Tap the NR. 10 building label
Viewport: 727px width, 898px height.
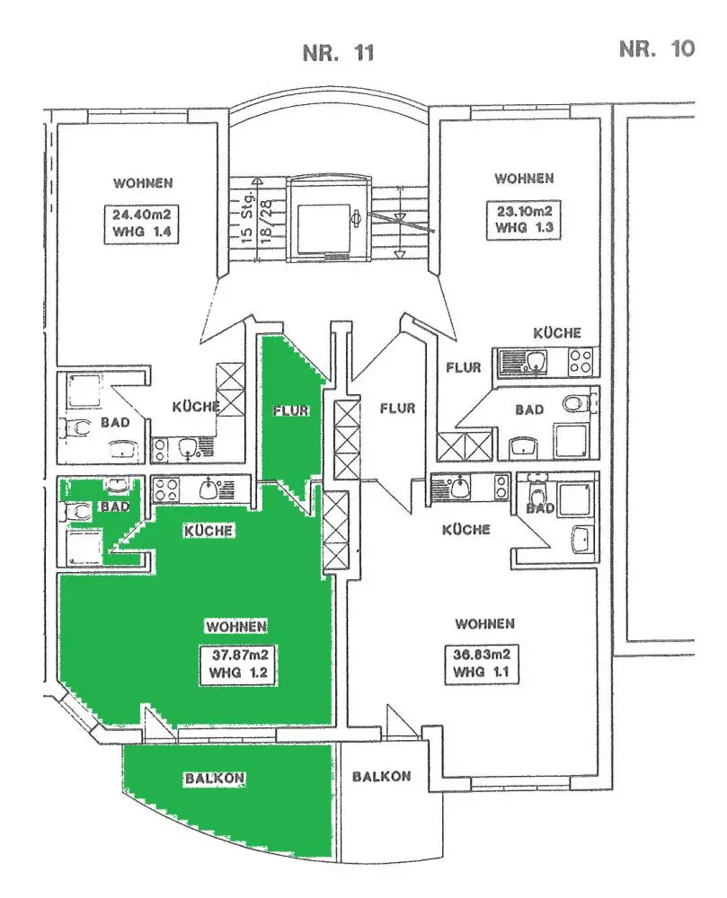point(657,48)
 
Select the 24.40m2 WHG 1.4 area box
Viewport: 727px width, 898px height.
point(143,222)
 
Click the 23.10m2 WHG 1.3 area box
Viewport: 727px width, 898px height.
point(524,219)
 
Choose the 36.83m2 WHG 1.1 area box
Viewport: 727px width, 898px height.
point(483,663)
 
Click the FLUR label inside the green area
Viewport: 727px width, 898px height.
point(289,411)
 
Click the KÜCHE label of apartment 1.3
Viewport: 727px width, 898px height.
point(556,333)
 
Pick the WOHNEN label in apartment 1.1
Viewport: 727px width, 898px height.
point(483,623)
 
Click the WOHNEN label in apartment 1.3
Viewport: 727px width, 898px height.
point(523,178)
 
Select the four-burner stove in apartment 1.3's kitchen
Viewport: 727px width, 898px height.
point(580,363)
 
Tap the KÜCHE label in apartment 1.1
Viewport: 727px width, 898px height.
point(465,529)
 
